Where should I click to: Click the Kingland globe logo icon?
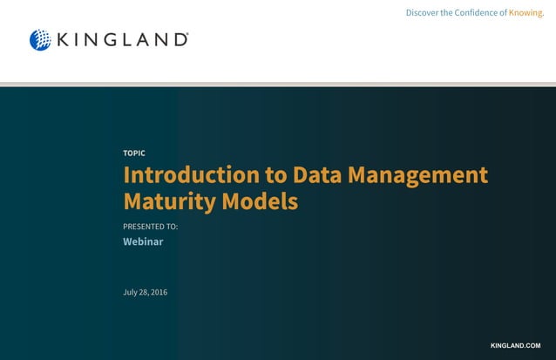(40, 40)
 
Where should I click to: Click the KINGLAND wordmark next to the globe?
(122, 40)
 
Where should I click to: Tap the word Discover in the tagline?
(423, 12)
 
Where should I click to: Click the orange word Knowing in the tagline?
(525, 12)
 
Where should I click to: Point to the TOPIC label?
(134, 153)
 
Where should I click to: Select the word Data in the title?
(318, 174)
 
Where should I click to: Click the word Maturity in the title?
(169, 201)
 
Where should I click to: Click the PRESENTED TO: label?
(150, 227)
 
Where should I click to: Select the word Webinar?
(143, 241)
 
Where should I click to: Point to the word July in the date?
(131, 291)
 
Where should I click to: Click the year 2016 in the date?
(159, 291)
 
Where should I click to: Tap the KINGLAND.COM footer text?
(516, 346)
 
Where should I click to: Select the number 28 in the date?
(144, 291)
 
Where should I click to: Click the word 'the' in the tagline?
(448, 12)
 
